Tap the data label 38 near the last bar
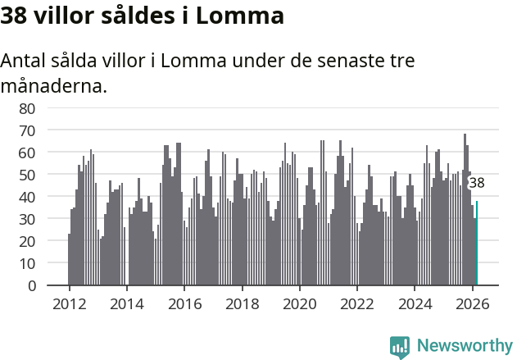(476, 184)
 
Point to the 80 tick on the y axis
(27, 108)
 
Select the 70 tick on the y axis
(27, 130)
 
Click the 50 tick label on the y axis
(27, 175)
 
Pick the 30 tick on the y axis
(27, 219)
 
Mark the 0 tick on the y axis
(32, 286)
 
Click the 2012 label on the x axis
(69, 303)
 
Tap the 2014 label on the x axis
(126, 303)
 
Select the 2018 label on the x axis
(242, 303)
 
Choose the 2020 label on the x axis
(299, 303)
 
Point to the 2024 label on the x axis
(415, 303)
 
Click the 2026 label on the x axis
(472, 303)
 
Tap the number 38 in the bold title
(16, 15)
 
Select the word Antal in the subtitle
(23, 62)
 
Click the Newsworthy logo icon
(400, 346)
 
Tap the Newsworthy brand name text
(465, 346)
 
